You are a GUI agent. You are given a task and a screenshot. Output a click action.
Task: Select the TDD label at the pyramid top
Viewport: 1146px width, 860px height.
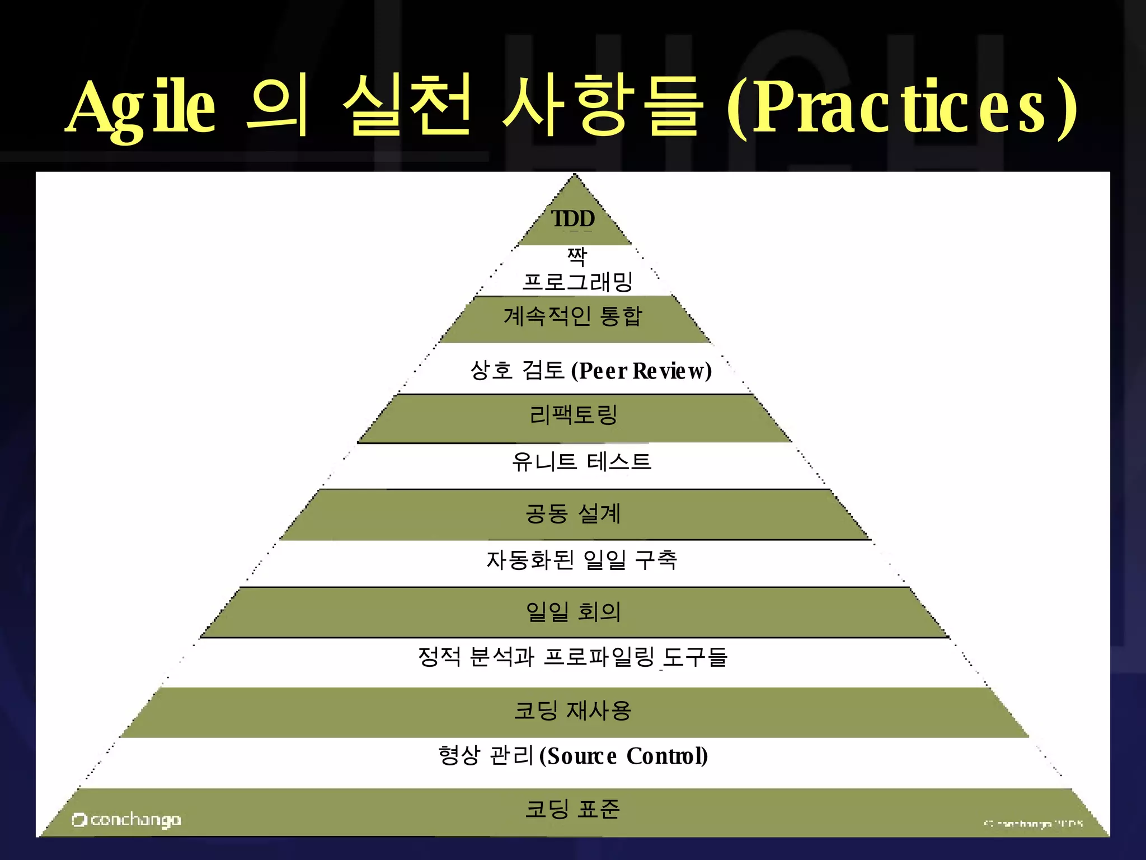coord(573,219)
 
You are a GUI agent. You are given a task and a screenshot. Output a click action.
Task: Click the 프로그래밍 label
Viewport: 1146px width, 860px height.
coord(577,281)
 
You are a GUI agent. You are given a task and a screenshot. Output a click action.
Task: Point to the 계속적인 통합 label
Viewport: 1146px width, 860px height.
coord(573,316)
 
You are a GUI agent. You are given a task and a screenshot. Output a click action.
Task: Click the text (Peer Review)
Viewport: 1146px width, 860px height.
coord(641,371)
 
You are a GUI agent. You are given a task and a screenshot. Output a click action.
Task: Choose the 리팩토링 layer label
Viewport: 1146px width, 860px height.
coord(573,415)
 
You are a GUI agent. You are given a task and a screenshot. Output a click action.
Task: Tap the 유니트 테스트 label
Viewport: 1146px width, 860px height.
coord(581,462)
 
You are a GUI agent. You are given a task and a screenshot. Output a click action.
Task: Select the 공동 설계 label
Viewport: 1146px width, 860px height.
coord(573,513)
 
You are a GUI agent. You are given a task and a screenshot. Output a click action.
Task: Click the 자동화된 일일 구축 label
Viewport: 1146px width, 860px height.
coord(581,560)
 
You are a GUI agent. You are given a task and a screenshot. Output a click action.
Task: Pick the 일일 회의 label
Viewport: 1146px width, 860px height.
coord(573,611)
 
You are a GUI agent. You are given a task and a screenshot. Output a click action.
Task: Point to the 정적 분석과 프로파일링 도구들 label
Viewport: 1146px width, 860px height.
coord(572,657)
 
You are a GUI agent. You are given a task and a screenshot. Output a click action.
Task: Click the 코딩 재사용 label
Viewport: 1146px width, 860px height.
coord(573,711)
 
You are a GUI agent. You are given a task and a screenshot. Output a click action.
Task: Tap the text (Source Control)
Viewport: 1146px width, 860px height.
coord(623,756)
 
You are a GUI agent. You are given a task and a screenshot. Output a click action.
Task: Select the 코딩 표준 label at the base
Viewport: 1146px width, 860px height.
coord(573,809)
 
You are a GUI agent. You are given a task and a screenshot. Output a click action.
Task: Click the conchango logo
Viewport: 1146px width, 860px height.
coord(126,820)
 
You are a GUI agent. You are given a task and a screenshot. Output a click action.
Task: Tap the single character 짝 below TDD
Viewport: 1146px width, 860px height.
coord(577,256)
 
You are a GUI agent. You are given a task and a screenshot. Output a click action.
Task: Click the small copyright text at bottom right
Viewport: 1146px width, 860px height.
coord(1033,824)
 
